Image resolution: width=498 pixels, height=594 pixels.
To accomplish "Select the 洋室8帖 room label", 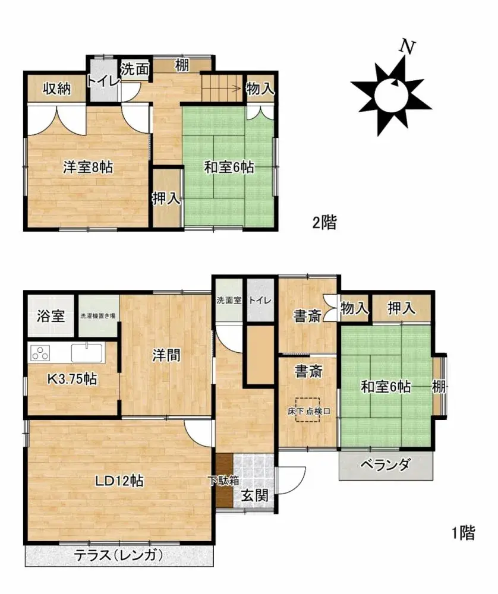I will pyautogui.click(x=88, y=167).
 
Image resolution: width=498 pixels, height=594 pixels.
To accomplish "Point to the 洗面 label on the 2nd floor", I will pyautogui.click(x=135, y=68).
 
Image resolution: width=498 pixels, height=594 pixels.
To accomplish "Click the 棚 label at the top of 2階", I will pyautogui.click(x=182, y=65).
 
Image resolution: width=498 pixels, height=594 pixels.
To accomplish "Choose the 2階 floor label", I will pyautogui.click(x=325, y=223).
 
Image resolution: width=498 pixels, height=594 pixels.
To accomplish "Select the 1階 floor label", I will pyautogui.click(x=463, y=533).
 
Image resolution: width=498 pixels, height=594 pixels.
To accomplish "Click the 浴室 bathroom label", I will pyautogui.click(x=50, y=316).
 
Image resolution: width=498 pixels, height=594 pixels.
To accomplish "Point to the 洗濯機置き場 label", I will pyautogui.click(x=98, y=316).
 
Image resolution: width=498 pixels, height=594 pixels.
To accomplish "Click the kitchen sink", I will pyautogui.click(x=87, y=352).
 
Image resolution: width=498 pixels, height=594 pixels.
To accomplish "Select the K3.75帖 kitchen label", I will pyautogui.click(x=72, y=378).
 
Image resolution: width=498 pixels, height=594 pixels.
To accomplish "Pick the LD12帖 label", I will pyautogui.click(x=121, y=480).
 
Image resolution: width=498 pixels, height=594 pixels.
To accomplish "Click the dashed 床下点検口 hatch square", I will pyautogui.click(x=308, y=410).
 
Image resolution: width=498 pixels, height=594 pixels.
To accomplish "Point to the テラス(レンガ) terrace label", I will pyautogui.click(x=118, y=555).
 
